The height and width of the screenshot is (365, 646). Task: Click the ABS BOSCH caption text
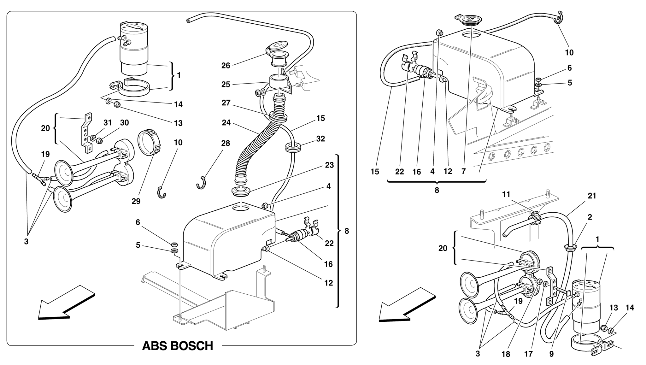(178, 346)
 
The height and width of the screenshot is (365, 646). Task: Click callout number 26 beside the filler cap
(226, 66)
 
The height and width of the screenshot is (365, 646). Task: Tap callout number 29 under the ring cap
(136, 201)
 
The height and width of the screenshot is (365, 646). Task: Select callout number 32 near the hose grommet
(320, 139)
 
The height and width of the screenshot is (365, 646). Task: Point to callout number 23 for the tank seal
(329, 165)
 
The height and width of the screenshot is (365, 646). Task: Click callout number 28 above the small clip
(226, 143)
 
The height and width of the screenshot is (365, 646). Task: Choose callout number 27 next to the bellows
(226, 103)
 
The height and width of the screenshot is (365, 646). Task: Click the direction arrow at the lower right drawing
(407, 305)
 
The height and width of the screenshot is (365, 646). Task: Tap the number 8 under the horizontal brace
(437, 190)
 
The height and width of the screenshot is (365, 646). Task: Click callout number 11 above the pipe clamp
(506, 195)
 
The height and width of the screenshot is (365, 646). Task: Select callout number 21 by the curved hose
(592, 196)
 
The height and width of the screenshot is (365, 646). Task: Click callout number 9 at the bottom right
(551, 354)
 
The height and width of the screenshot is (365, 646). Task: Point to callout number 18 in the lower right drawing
(506, 354)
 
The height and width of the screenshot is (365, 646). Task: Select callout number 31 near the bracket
(108, 123)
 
